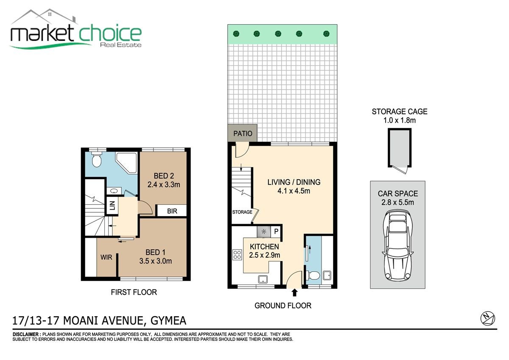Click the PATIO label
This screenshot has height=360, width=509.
(x=243, y=133)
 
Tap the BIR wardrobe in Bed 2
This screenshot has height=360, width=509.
(x=172, y=211)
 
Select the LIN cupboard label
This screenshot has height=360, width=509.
(x=112, y=205)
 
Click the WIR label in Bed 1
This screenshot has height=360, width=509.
(x=106, y=257)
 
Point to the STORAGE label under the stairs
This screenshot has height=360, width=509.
(x=242, y=212)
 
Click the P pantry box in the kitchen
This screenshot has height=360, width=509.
(x=276, y=231)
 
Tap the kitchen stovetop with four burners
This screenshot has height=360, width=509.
(x=237, y=254)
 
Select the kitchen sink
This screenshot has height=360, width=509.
(x=263, y=279)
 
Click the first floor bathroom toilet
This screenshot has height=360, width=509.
(x=97, y=158)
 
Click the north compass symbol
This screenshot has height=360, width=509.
(x=488, y=318)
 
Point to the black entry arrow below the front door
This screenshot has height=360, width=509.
(x=294, y=292)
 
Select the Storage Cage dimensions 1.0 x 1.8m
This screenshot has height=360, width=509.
(x=400, y=120)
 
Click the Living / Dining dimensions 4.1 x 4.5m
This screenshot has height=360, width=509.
(x=294, y=191)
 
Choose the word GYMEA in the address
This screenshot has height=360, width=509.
(x=168, y=321)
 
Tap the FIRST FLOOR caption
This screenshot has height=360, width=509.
(x=134, y=292)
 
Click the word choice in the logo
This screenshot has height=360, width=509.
(x=110, y=34)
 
